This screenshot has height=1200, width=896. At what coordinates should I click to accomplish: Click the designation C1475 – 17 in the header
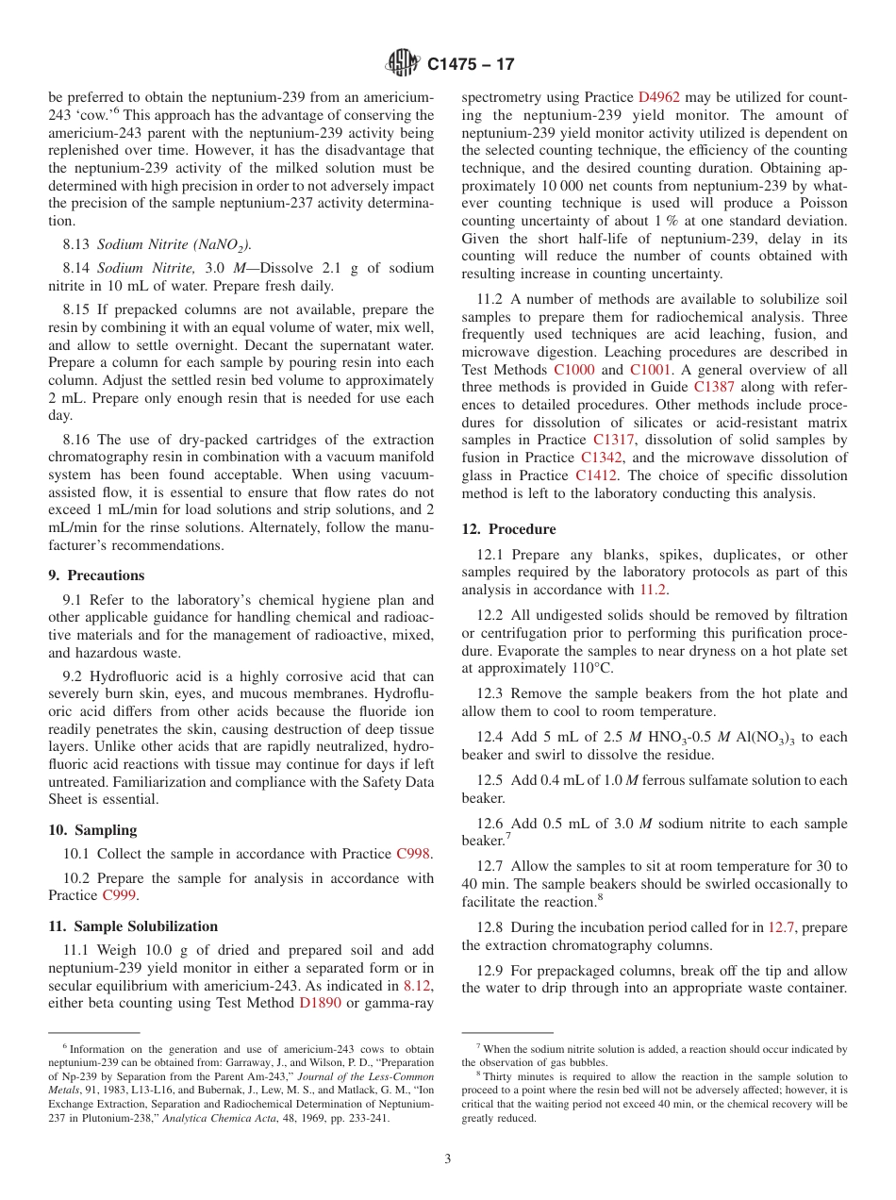coord(471,65)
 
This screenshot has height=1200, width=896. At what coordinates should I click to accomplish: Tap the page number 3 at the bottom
coord(447,1159)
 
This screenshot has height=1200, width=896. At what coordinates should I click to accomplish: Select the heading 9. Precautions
coord(96,575)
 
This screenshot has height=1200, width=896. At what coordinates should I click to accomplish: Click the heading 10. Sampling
coord(92,830)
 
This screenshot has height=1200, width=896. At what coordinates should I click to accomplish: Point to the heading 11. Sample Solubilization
coord(132,926)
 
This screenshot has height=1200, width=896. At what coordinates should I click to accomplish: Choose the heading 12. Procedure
coord(508,529)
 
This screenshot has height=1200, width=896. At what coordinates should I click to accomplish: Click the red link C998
coord(414,854)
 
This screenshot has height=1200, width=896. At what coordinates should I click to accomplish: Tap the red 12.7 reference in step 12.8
coord(783,927)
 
